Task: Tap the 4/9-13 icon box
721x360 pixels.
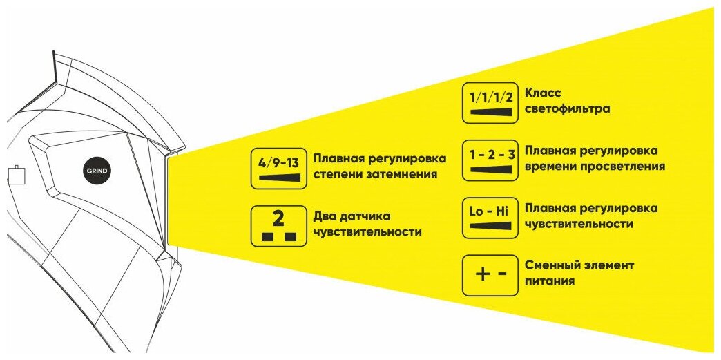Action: (x=278, y=169)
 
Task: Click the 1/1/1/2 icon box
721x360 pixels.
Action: (x=490, y=103)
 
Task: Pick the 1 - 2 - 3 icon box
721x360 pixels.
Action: (x=490, y=160)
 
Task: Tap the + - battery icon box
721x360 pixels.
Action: (x=490, y=274)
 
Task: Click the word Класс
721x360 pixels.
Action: (x=544, y=93)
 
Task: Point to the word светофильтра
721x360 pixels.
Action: (x=567, y=109)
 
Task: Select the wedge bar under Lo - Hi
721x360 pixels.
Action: (x=490, y=226)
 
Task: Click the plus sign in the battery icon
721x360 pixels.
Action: (x=481, y=274)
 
